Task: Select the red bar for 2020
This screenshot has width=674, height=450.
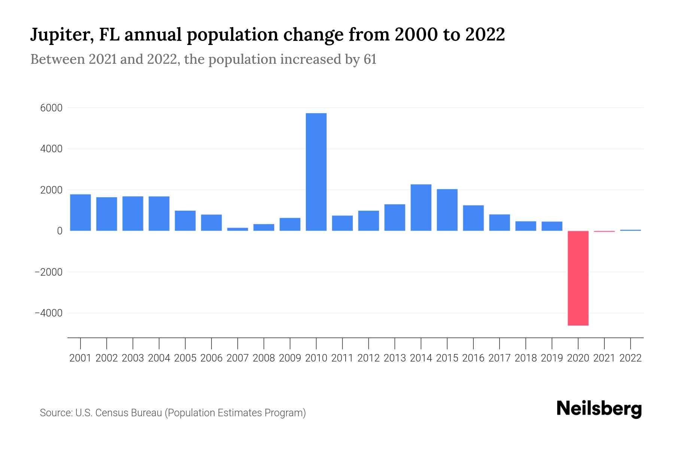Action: pyautogui.click(x=578, y=278)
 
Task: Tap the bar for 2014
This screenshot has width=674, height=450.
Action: pyautogui.click(x=421, y=207)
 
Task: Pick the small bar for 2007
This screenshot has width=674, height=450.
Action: pyautogui.click(x=237, y=229)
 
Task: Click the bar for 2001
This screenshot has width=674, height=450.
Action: pyautogui.click(x=81, y=212)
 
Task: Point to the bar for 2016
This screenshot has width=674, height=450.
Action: pyautogui.click(x=473, y=218)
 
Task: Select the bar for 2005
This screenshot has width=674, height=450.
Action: pyautogui.click(x=185, y=220)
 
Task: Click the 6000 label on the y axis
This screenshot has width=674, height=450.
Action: pyautogui.click(x=52, y=108)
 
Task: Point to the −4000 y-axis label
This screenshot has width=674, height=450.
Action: pyautogui.click(x=49, y=313)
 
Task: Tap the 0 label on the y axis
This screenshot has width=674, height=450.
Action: pyautogui.click(x=60, y=231)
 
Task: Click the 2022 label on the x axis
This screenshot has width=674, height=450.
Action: pyautogui.click(x=630, y=358)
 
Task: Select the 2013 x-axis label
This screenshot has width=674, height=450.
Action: pyautogui.click(x=395, y=358)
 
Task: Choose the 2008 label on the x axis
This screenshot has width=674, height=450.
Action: pyautogui.click(x=264, y=358)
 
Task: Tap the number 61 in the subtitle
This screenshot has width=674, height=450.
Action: pyautogui.click(x=370, y=59)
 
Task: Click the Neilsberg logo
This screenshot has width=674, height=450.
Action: pyautogui.click(x=599, y=409)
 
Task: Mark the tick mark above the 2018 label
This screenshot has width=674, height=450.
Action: pyautogui.click(x=526, y=343)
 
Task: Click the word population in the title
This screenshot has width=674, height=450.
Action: pyautogui.click(x=232, y=35)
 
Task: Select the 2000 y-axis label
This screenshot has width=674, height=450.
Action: pyautogui.click(x=52, y=190)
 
